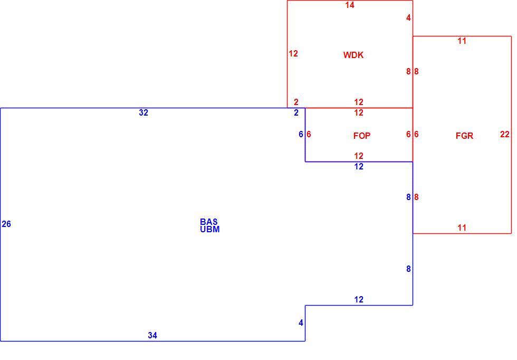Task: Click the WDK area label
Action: pyautogui.click(x=353, y=55)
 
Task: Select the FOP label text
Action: pyautogui.click(x=362, y=136)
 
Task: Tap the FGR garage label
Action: pyautogui.click(x=464, y=136)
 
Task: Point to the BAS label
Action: pyautogui.click(x=209, y=221)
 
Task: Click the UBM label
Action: pyautogui.click(x=210, y=229)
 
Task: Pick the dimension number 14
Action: pyautogui.click(x=350, y=5)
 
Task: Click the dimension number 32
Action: pyautogui.click(x=143, y=112)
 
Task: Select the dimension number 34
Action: pyautogui.click(x=152, y=335)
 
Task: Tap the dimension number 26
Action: pyautogui.click(x=6, y=224)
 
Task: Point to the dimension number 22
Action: pyautogui.click(x=504, y=134)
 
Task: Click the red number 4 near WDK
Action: pyautogui.click(x=408, y=18)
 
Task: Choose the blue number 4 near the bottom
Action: pyautogui.click(x=301, y=323)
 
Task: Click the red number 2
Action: pyautogui.click(x=296, y=102)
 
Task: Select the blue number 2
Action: pyautogui.click(x=296, y=112)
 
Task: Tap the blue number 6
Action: pyautogui.click(x=301, y=134)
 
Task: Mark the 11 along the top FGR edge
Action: pyautogui.click(x=462, y=41)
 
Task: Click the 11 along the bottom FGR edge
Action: pyautogui.click(x=462, y=228)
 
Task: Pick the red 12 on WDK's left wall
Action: pyautogui.click(x=293, y=53)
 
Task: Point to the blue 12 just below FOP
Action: pyautogui.click(x=359, y=166)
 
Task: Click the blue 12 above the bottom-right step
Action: pyautogui.click(x=359, y=299)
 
